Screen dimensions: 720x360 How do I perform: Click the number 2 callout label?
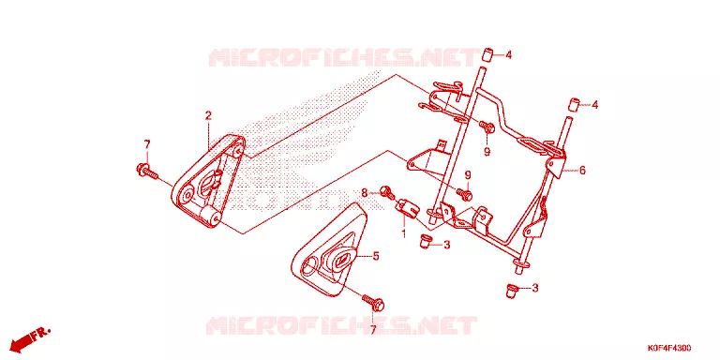click(x=208, y=115)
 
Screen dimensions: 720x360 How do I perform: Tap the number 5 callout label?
click(x=376, y=256)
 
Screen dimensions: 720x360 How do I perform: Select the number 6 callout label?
click(x=582, y=171)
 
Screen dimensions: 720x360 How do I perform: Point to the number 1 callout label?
click(x=404, y=234)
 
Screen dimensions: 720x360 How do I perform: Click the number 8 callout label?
click(x=365, y=193)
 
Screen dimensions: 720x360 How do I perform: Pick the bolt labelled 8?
click(x=388, y=192)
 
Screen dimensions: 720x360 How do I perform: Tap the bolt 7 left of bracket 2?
click(x=147, y=172)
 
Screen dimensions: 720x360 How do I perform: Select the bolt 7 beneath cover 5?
click(x=373, y=302)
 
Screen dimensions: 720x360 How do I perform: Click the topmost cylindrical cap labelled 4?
click(x=487, y=55)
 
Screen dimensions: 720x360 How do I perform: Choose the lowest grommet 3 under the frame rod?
click(x=511, y=291)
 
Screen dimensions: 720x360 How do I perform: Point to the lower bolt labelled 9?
click(x=466, y=194)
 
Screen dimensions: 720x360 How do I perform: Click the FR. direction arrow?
click(x=30, y=338)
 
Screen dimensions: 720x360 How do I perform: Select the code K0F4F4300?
click(x=669, y=348)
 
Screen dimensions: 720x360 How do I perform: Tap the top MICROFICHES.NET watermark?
click(x=344, y=57)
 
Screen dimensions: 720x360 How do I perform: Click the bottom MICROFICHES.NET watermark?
click(x=341, y=324)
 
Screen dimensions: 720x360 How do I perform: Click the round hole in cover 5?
click(x=310, y=266)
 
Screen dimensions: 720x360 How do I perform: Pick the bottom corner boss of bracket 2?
click(x=211, y=217)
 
